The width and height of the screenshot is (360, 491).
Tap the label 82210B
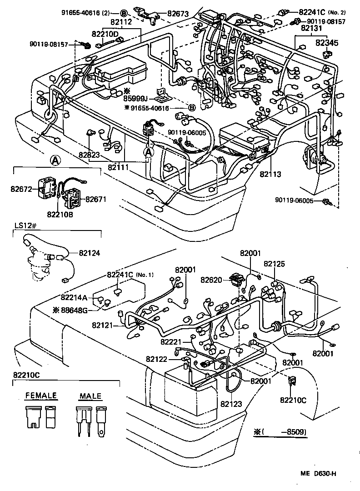pos(60,212)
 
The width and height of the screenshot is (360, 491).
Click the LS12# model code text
pos(24,226)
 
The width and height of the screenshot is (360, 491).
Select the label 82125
pos(274,263)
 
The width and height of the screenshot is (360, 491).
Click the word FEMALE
pos(41,396)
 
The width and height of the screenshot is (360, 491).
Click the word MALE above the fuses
pos(90,396)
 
